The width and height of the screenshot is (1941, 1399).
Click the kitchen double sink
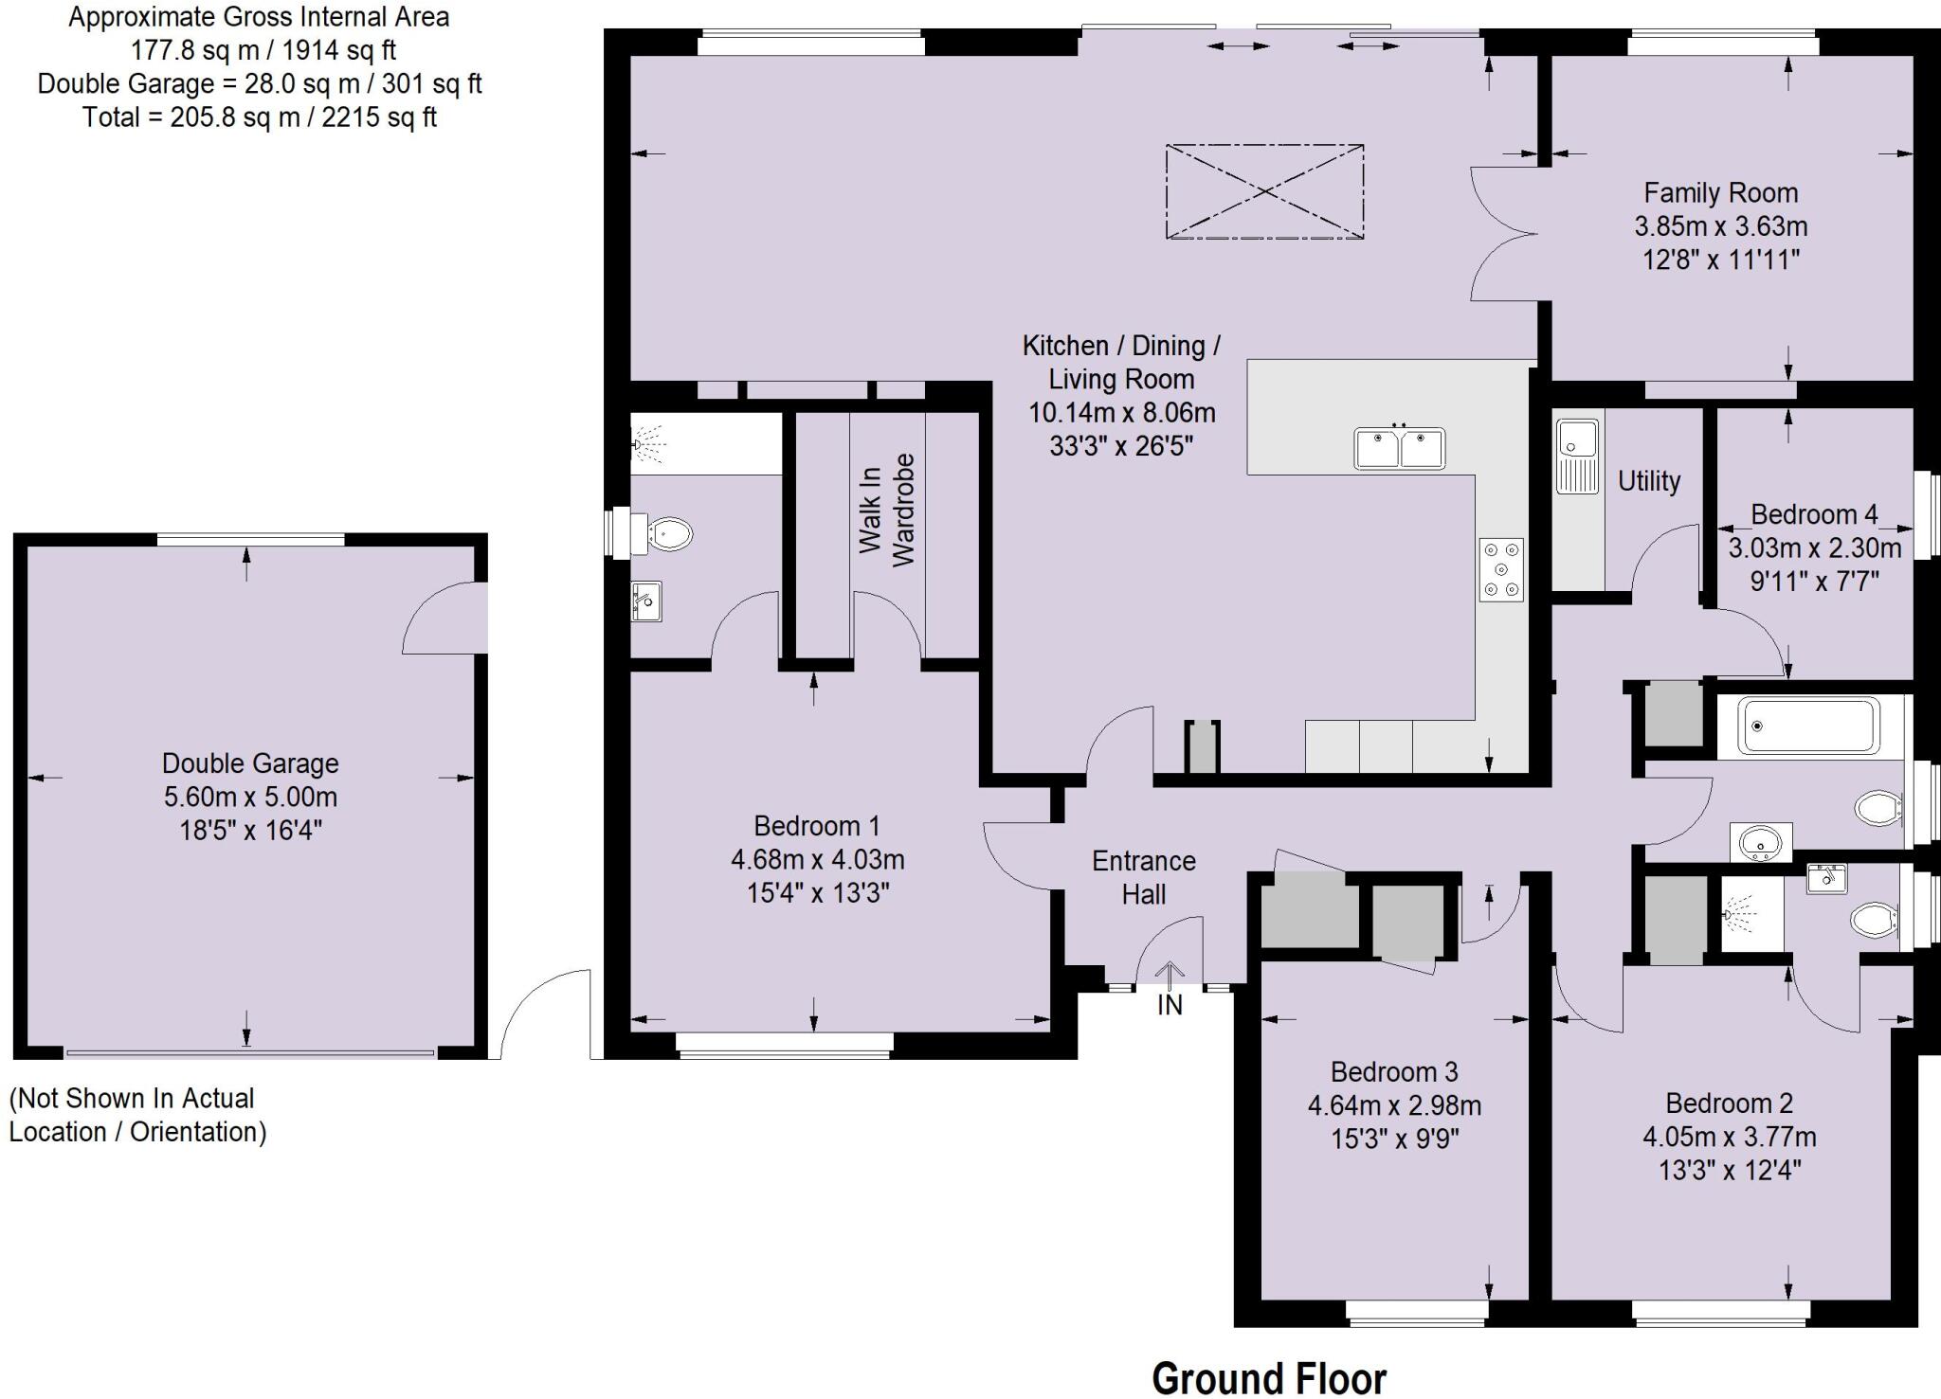coord(1400,448)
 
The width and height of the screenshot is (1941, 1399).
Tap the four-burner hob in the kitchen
coord(1501,569)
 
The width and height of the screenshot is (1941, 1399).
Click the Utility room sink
coord(1577,456)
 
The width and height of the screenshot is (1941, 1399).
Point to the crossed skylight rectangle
coord(1264,191)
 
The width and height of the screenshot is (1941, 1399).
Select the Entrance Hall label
coord(1143,877)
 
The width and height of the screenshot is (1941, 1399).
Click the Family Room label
coord(1720,193)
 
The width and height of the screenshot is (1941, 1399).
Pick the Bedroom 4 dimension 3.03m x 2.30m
coord(1814,547)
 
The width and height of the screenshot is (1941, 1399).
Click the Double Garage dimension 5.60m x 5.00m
coord(250,797)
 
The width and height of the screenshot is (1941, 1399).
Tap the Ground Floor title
coord(1268,1377)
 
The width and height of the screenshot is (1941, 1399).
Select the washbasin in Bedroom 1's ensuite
coord(646,601)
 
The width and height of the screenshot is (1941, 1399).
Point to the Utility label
coord(1648,481)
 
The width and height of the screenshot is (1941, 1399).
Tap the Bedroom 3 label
coord(1394,1071)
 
